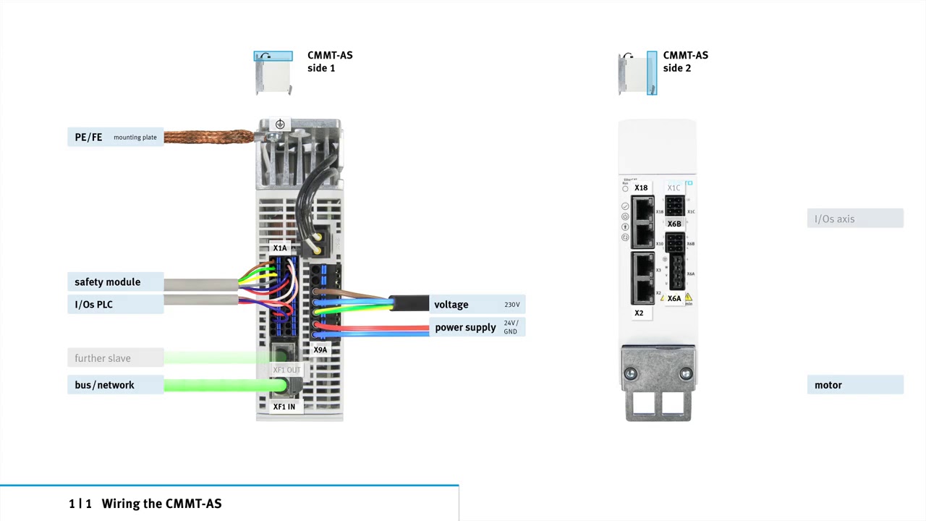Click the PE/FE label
(x=88, y=137)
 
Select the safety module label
(x=107, y=282)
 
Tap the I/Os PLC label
(x=94, y=305)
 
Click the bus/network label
(x=104, y=385)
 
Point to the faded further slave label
(x=103, y=358)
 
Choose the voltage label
(x=451, y=305)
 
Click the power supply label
(x=465, y=328)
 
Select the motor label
(x=828, y=385)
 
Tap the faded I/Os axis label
(x=835, y=219)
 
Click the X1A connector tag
(x=280, y=248)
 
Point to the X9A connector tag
(x=320, y=350)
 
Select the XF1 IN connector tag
(x=284, y=407)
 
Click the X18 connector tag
(x=641, y=188)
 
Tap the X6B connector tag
(x=674, y=224)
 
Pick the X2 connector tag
(x=639, y=313)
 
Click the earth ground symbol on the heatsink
(x=280, y=124)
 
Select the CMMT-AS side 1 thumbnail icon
(x=273, y=72)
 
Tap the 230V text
(x=512, y=305)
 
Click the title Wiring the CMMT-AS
(x=161, y=504)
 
